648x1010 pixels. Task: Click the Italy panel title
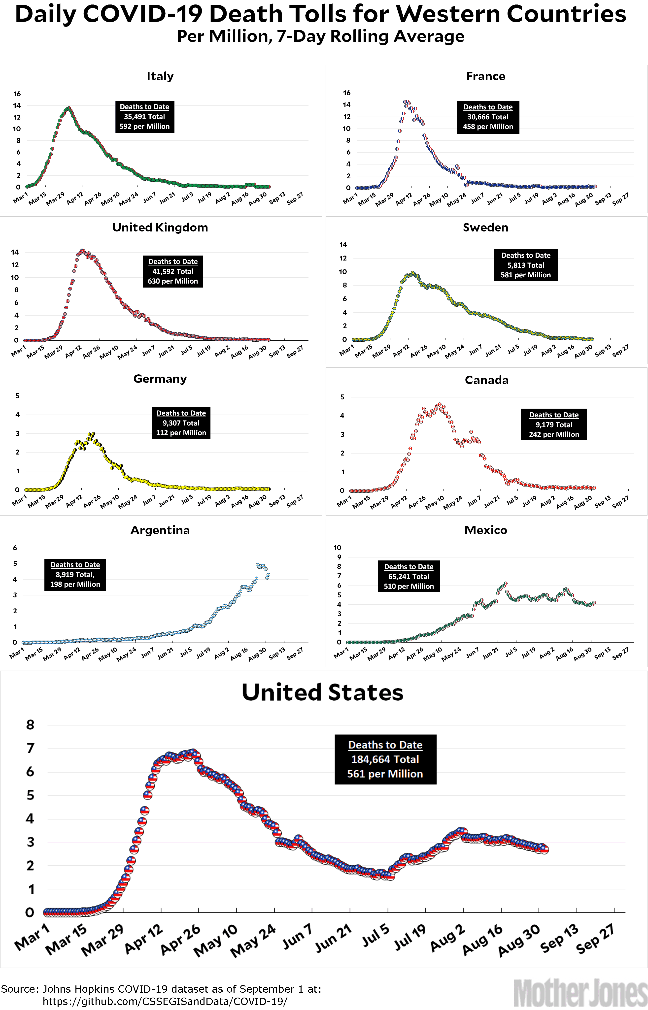pyautogui.click(x=160, y=76)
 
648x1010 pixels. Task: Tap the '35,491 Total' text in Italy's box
pyautogui.click(x=144, y=117)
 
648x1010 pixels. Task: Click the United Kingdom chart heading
pyautogui.click(x=160, y=228)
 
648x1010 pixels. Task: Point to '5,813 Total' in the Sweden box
pyautogui.click(x=526, y=265)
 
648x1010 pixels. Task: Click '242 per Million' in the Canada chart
pyautogui.click(x=554, y=434)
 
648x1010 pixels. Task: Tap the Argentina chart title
pyautogui.click(x=160, y=530)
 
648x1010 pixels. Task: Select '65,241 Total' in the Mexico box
pyautogui.click(x=409, y=576)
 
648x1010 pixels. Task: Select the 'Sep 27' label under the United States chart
pyautogui.click(x=595, y=939)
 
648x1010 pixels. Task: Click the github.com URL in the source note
pyautogui.click(x=165, y=1001)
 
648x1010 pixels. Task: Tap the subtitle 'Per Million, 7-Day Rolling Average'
pyautogui.click(x=321, y=36)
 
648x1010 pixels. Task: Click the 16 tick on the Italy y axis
pyautogui.click(x=17, y=94)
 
